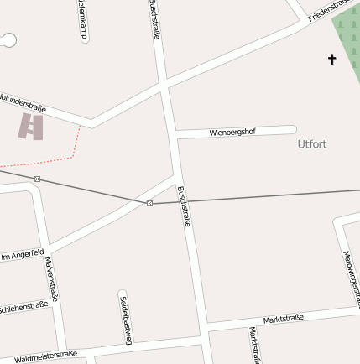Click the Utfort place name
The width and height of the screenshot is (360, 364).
311,144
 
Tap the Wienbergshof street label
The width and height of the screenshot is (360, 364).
232,132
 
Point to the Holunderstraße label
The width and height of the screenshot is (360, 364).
22,101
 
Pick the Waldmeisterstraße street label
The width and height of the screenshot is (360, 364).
45,356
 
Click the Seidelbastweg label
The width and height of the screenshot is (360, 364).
125,317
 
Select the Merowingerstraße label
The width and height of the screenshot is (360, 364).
352,277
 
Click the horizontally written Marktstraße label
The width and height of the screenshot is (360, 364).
283,320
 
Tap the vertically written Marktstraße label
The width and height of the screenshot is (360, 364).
253,344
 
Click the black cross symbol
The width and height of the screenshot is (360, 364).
331,59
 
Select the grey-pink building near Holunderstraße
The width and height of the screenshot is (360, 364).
31,127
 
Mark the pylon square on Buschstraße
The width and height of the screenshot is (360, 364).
149,203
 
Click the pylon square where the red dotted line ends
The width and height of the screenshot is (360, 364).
38,179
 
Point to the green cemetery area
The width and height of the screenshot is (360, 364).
347,42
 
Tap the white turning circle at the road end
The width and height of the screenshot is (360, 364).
8,39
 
